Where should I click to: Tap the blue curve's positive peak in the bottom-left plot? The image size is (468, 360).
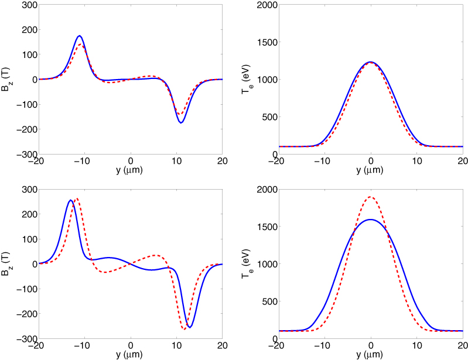coord(71,200)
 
